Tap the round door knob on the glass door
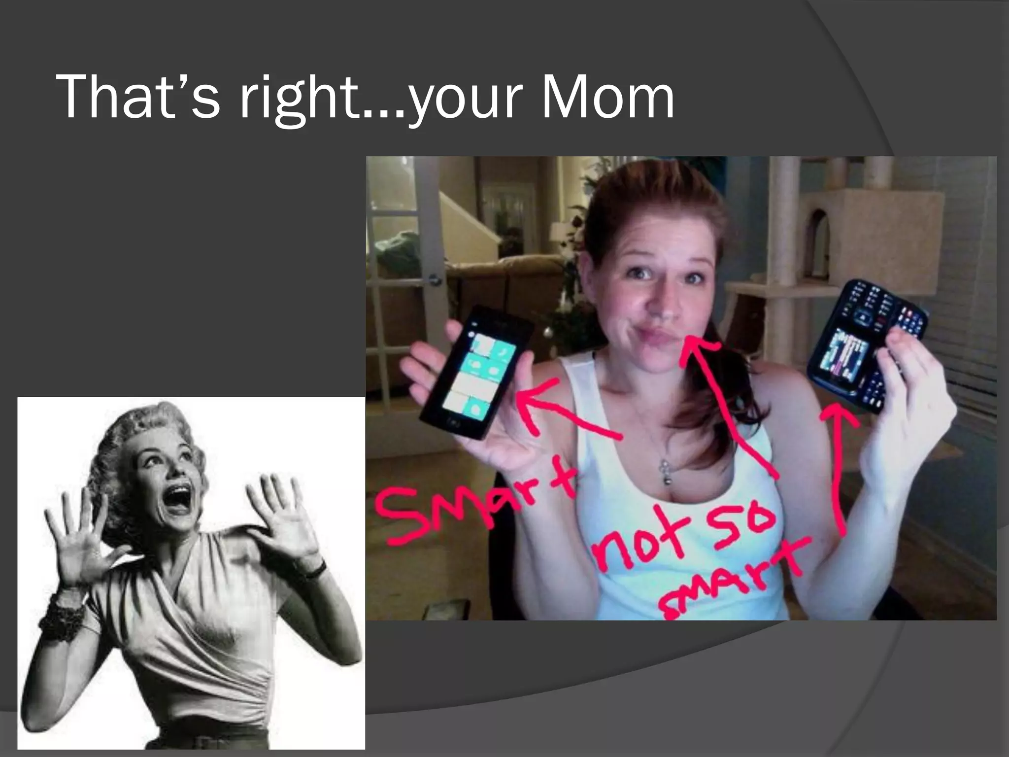[435, 280]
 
